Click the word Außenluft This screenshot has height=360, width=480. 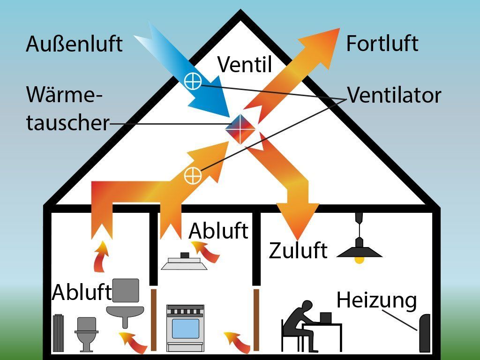pyautogui.click(x=74, y=44)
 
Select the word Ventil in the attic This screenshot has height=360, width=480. pyautogui.click(x=245, y=64)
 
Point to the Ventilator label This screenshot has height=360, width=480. pyautogui.click(x=394, y=95)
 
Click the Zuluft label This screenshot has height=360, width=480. pyautogui.click(x=298, y=250)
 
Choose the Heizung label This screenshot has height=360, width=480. pyautogui.click(x=376, y=300)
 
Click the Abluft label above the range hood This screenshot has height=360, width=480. pyautogui.click(x=218, y=231)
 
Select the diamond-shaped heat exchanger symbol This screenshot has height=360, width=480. pyautogui.click(x=240, y=128)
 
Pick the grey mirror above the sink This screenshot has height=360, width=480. pyautogui.click(x=126, y=290)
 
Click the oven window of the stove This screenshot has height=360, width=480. pyautogui.click(x=185, y=329)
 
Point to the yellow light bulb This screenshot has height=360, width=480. pyautogui.click(x=360, y=259)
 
